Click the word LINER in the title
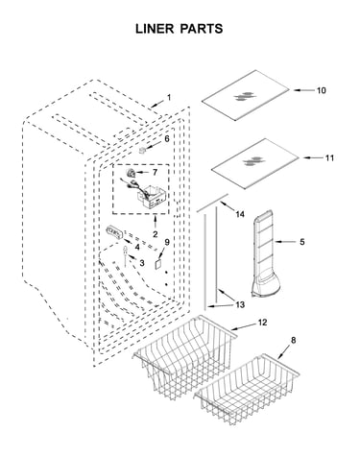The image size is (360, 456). pyautogui.click(x=155, y=29)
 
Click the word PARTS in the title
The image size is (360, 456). pyautogui.click(x=202, y=29)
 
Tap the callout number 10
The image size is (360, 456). pyautogui.click(x=321, y=90)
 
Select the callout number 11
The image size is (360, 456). pyautogui.click(x=329, y=157)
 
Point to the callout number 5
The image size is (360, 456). pyautogui.click(x=302, y=242)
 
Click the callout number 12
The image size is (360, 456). pyautogui.click(x=262, y=323)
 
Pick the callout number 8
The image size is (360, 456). pyautogui.click(x=293, y=340)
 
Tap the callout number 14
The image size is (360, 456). pyautogui.click(x=240, y=214)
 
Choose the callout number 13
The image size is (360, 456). pyautogui.click(x=240, y=304)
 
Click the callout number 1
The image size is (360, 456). pyautogui.click(x=169, y=97)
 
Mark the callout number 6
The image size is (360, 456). pyautogui.click(x=167, y=139)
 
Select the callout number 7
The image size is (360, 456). pyautogui.click(x=155, y=173)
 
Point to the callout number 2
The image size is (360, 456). pyautogui.click(x=155, y=234)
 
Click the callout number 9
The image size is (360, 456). pyautogui.click(x=167, y=242)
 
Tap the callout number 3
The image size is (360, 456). pyautogui.click(x=142, y=263)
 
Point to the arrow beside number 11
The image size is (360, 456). pyautogui.click(x=311, y=157)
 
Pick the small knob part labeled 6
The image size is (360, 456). pyautogui.click(x=142, y=150)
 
